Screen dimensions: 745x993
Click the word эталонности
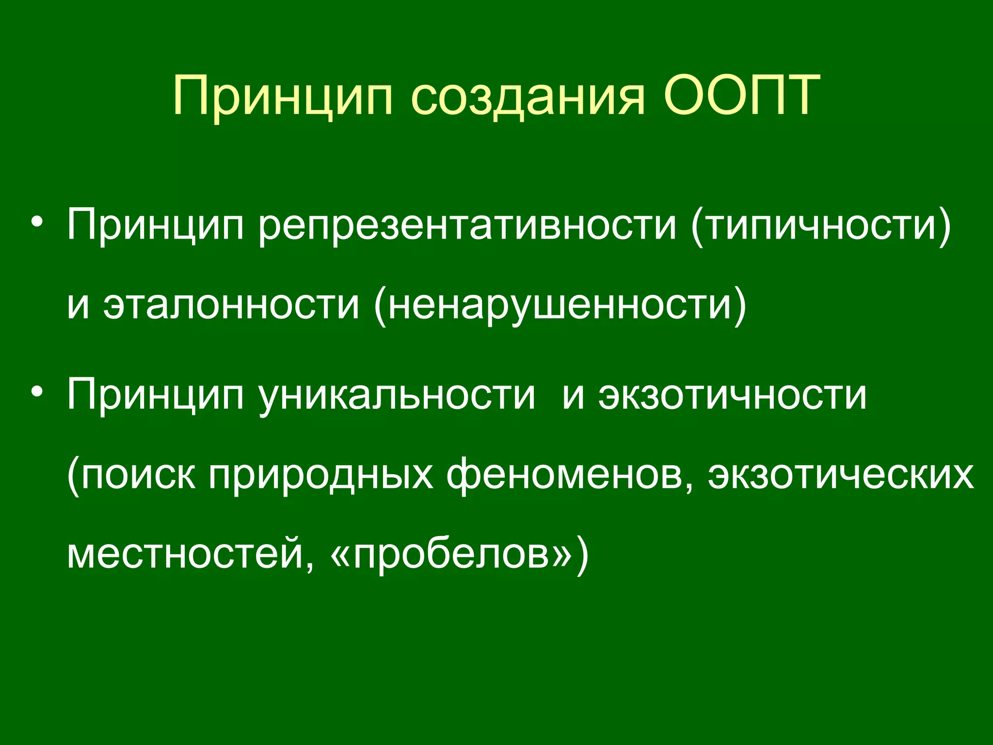232,306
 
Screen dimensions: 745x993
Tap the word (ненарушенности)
560,306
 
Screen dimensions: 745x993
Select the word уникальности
397,395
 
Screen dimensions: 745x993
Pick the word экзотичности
732,395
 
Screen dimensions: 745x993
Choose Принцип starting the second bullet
155,395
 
